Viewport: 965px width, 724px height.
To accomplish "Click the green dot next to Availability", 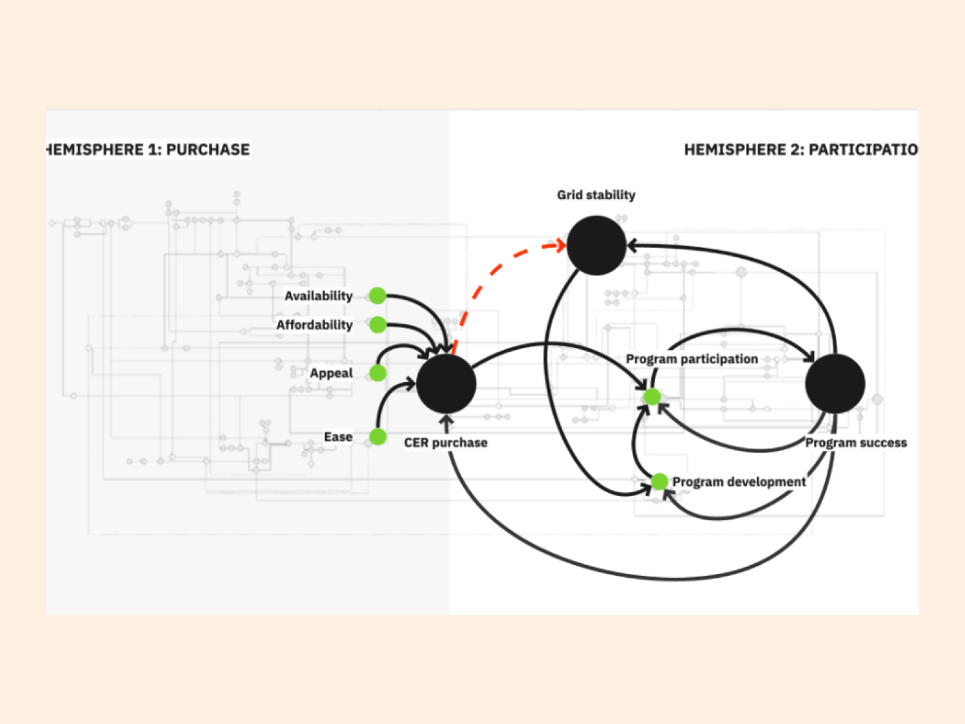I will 377,296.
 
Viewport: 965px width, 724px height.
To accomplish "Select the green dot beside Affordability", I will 377,325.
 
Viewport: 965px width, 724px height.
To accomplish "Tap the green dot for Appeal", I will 378,373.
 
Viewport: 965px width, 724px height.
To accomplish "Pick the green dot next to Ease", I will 378,437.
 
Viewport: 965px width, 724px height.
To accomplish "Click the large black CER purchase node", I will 446,384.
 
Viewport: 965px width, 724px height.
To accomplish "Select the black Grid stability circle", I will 596,245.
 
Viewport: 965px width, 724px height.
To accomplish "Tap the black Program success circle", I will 835,383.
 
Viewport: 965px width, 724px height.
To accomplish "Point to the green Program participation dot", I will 652,397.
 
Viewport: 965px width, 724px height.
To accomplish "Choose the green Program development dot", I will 659,481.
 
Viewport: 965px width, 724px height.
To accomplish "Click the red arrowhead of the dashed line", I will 561,245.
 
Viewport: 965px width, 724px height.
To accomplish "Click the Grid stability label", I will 596,195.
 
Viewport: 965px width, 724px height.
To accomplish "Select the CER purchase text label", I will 446,442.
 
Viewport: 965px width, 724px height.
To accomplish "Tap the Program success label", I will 856,442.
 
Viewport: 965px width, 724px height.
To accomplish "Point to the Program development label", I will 738,482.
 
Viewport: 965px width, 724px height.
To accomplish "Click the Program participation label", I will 692,359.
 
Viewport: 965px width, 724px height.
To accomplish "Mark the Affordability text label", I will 314,325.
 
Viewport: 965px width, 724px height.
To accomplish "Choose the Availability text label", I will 318,296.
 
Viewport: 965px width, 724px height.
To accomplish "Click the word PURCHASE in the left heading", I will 208,149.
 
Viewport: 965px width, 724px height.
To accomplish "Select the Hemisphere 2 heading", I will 801,149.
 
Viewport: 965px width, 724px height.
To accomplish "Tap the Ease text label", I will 338,437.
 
